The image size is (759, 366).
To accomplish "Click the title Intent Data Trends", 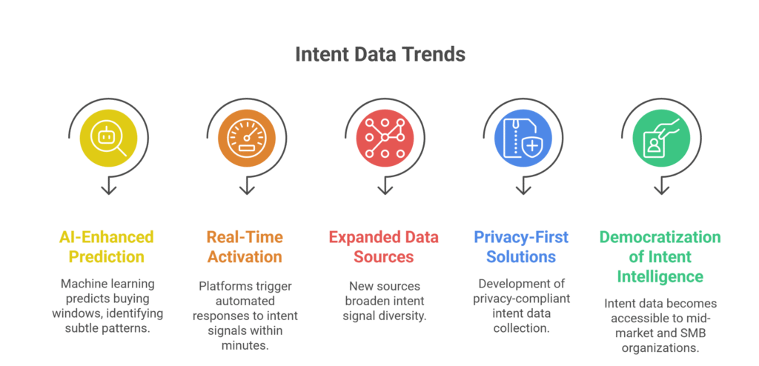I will tap(379, 54).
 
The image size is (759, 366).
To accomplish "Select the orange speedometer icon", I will tap(246, 139).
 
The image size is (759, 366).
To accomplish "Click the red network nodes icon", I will tap(385, 139).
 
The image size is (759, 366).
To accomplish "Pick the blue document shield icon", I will tap(523, 139).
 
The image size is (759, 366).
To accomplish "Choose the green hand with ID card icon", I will tap(660, 139).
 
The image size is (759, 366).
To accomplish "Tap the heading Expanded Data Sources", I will tap(383, 247).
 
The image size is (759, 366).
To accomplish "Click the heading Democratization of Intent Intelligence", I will tap(660, 257).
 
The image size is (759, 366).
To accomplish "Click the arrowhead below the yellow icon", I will tap(108, 190).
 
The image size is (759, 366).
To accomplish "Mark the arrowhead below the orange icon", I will tap(246, 190).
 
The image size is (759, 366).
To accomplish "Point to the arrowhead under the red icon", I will tap(385, 190).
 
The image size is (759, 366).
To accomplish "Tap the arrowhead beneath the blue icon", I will tap(523, 190).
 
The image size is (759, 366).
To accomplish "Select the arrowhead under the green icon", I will tap(660, 190).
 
